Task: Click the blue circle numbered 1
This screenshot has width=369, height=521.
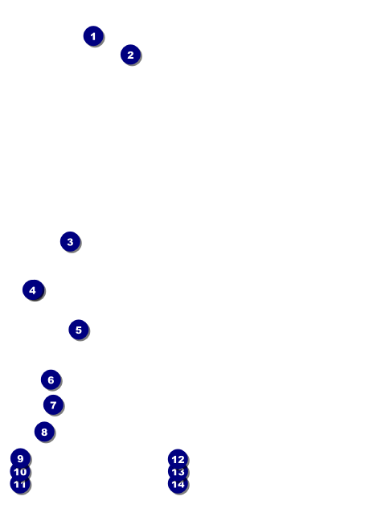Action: click(x=93, y=36)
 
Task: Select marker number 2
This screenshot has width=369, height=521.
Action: click(x=130, y=55)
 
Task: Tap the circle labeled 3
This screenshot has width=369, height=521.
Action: click(x=70, y=241)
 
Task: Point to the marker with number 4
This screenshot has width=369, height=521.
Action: click(x=32, y=290)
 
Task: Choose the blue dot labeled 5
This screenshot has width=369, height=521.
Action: click(x=78, y=330)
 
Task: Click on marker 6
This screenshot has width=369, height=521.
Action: click(x=51, y=379)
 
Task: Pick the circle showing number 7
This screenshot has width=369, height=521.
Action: click(x=53, y=405)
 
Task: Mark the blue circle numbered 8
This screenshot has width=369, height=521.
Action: click(x=44, y=432)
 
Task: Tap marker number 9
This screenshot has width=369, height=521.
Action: click(x=20, y=458)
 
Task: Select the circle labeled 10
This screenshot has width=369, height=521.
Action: click(x=20, y=472)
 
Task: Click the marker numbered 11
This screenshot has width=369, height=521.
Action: click(x=20, y=484)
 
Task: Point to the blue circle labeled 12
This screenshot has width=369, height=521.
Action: click(x=178, y=459)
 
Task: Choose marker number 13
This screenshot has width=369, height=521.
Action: click(x=178, y=472)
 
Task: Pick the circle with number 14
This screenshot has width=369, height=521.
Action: click(x=178, y=484)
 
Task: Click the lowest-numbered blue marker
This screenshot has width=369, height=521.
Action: click(x=93, y=36)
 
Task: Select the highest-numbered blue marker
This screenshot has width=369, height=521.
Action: click(x=178, y=484)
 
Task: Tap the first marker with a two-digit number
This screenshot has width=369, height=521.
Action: click(x=20, y=472)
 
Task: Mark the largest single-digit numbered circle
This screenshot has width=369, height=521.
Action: click(x=20, y=458)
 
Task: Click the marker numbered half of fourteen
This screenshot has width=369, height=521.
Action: click(x=53, y=405)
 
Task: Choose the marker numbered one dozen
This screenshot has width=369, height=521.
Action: click(x=178, y=459)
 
